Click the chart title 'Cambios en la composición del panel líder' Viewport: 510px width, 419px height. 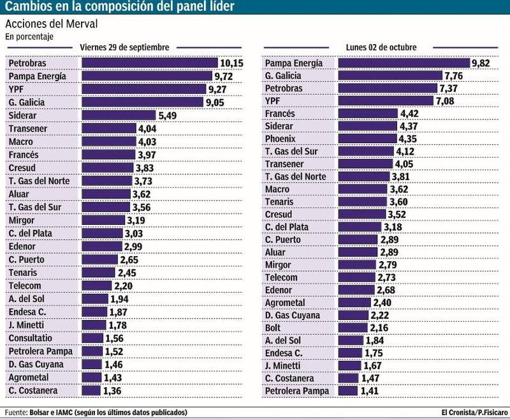(119, 7)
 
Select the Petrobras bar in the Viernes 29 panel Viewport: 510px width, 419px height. (150, 63)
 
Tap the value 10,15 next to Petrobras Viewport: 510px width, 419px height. (232, 63)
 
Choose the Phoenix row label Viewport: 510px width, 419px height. (281, 139)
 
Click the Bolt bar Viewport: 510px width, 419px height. (353, 327)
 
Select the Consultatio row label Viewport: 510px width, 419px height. (31, 339)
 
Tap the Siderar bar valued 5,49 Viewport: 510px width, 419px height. (119, 116)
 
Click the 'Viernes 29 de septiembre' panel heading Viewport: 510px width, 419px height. (124, 47)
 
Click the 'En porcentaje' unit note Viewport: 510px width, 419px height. (29, 37)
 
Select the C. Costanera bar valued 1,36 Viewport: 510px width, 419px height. (92, 390)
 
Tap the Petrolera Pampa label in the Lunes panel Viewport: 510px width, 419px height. (297, 390)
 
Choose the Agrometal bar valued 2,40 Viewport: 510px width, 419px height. (354, 302)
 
